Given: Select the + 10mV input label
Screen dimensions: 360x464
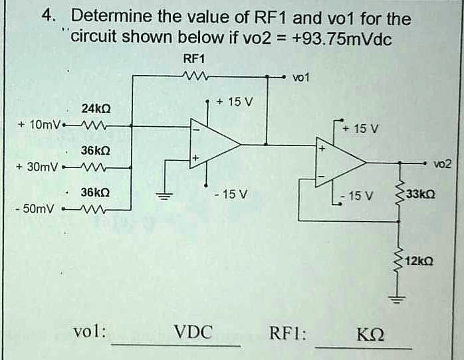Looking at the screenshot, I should [x=40, y=125].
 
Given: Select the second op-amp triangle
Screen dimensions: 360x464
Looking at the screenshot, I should [x=340, y=161].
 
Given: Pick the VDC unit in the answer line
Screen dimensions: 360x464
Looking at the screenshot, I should [x=193, y=332].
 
